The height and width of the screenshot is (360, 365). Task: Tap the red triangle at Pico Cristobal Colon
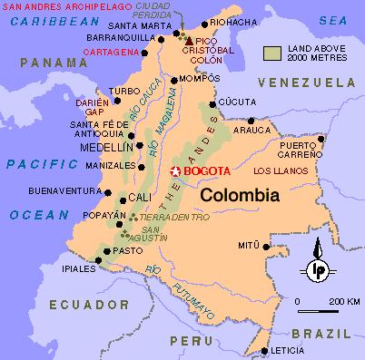click(x=189, y=42)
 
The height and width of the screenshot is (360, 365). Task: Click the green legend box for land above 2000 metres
click(x=274, y=54)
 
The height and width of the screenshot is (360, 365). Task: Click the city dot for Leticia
click(x=264, y=351)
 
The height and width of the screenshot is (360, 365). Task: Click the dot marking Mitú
click(x=266, y=245)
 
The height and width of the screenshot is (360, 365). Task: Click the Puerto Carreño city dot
click(x=323, y=139)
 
